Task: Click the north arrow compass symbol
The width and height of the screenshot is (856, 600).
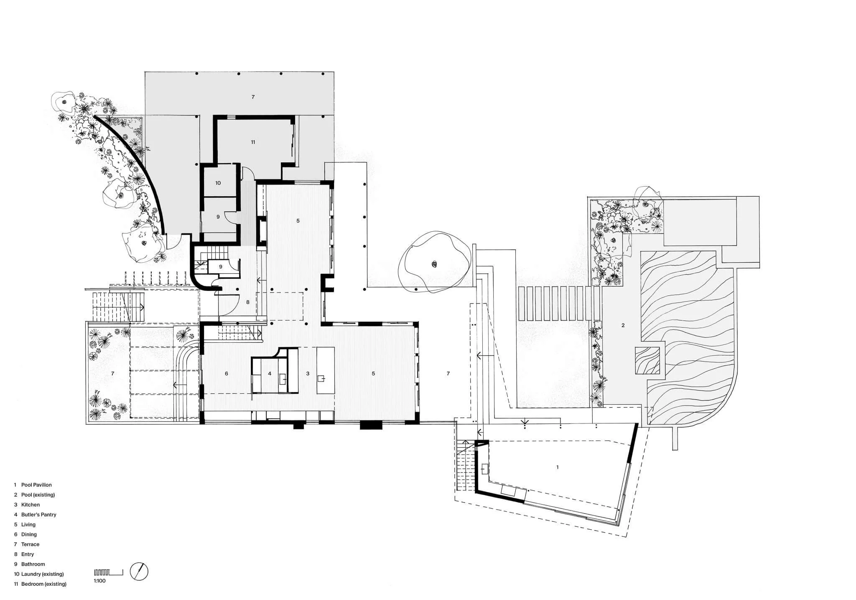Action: tap(139, 572)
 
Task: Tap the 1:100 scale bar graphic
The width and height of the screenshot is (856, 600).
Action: tap(108, 572)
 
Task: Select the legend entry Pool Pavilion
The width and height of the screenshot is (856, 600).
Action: tap(36, 485)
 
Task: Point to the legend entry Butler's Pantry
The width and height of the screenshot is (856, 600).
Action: tap(38, 515)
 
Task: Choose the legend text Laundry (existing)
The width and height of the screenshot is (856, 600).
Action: tap(42, 574)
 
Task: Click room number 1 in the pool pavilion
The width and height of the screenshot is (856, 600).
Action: tap(557, 467)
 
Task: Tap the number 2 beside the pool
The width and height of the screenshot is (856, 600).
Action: tap(623, 326)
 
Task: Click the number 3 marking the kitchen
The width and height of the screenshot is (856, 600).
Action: tap(308, 374)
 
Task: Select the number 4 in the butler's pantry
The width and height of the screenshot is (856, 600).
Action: tap(270, 374)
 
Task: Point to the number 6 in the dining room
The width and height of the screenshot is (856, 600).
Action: tap(227, 374)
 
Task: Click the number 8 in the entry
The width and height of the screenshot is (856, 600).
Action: tap(248, 302)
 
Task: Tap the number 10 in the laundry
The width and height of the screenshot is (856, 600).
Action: tap(218, 183)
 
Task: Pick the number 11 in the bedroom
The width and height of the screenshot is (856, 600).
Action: tap(253, 142)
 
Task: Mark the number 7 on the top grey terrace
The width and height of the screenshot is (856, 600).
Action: tap(253, 97)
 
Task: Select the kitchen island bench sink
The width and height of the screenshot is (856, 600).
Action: tap(321, 379)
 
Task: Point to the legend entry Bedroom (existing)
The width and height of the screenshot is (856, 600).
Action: tap(43, 584)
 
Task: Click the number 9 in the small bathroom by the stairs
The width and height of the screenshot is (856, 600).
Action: tap(221, 267)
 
